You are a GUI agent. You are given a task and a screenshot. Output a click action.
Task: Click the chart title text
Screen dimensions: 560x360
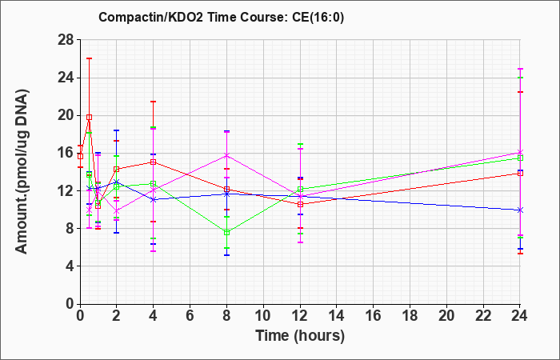tap(222, 17)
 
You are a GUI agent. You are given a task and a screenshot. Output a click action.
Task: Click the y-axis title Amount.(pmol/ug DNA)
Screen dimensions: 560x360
tap(22, 171)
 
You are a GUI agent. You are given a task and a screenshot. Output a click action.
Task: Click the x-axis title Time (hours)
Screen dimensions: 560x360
tap(300, 336)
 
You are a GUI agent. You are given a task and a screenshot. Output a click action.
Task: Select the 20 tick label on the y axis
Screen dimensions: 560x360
tap(66, 115)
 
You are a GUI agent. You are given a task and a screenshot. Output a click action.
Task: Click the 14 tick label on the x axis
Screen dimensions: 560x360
tap(337, 316)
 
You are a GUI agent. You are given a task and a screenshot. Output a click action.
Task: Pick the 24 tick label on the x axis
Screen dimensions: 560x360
tap(519, 316)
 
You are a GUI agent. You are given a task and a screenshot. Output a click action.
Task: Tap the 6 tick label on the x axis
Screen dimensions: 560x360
tap(190, 316)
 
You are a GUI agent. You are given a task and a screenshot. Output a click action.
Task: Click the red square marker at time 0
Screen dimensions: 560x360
tap(80, 156)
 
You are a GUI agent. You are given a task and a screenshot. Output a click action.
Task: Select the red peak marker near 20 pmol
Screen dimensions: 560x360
tap(90, 117)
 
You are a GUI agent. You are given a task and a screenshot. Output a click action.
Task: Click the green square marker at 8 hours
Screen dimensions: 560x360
tap(226, 233)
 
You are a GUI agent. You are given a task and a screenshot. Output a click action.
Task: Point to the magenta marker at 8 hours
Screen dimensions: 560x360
tap(226, 155)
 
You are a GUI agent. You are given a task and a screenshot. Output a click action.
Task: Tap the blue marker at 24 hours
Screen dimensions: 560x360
tap(520, 210)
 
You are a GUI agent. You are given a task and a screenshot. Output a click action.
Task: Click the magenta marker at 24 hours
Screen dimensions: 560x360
tap(520, 152)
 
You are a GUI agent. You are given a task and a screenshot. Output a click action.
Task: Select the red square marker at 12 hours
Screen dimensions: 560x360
tap(300, 204)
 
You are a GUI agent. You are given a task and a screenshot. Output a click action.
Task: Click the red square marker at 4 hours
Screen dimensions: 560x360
tap(154, 162)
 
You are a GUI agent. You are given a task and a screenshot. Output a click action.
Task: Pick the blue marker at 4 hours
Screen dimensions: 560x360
tap(154, 199)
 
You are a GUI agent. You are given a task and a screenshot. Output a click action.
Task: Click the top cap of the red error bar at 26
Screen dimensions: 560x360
tap(90, 58)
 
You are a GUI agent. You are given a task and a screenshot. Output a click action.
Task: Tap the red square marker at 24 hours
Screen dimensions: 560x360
tap(520, 173)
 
